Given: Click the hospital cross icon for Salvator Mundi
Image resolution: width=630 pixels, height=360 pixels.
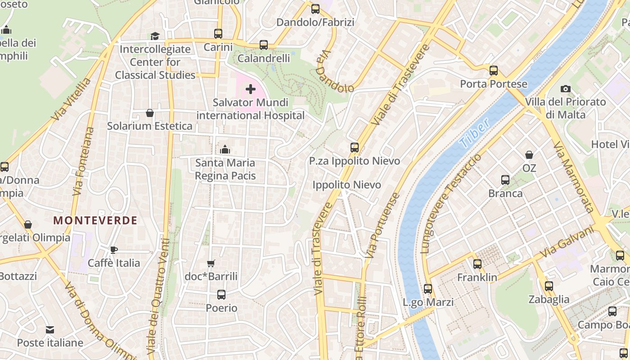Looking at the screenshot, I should (x=251, y=90).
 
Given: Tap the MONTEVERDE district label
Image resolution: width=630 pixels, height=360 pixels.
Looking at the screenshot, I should (x=95, y=220).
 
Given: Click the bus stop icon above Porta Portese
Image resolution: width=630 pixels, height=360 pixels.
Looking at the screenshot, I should (x=494, y=71).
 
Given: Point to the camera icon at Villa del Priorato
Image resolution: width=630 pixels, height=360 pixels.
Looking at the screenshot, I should (x=566, y=89).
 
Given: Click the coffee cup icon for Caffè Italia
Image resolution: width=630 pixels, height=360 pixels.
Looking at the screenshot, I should (x=114, y=250).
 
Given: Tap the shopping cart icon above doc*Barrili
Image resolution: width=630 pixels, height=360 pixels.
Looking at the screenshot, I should (x=211, y=263).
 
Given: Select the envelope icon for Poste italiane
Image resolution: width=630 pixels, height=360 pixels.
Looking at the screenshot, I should (x=50, y=330).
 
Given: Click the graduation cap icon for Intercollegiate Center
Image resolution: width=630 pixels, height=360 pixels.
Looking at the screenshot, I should (x=155, y=36).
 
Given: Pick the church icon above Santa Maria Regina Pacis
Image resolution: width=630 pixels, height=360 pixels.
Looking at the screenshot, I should (x=225, y=149).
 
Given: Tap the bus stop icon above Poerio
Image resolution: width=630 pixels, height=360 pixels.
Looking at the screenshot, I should (x=221, y=295).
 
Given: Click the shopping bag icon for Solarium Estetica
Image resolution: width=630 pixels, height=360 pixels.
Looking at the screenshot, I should (x=150, y=113).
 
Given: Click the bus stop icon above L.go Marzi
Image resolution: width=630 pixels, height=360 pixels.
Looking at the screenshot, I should (x=428, y=289).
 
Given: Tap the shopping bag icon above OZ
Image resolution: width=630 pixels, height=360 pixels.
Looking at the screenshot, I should (x=529, y=155).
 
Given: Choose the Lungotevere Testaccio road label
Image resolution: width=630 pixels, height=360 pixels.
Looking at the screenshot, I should (x=450, y=203).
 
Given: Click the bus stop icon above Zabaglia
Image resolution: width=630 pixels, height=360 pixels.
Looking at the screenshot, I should (x=549, y=286).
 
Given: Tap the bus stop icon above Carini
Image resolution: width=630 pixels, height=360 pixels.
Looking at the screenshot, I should (x=218, y=34).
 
